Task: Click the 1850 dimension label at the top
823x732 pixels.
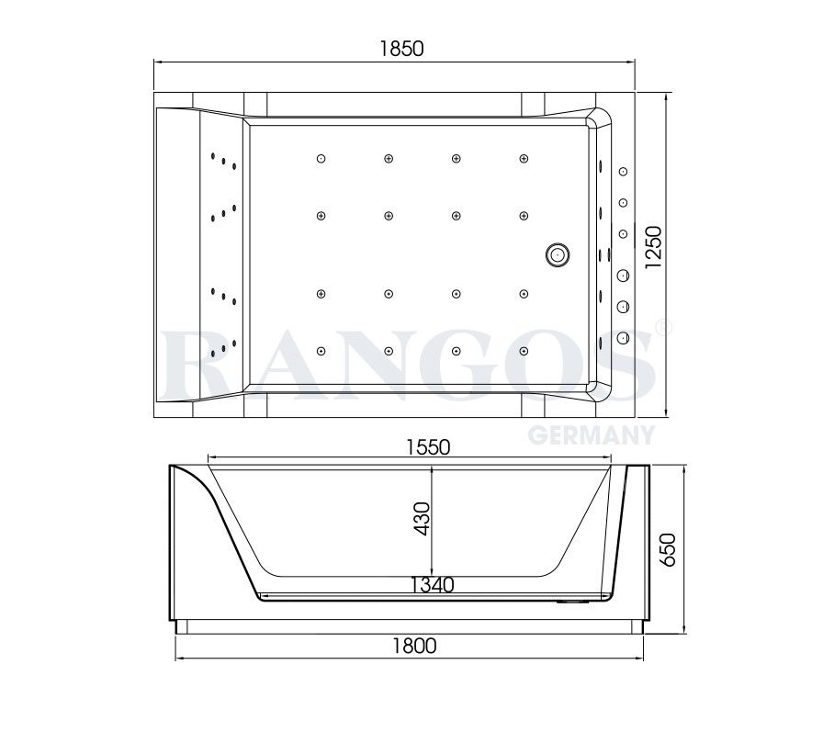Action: pyautogui.click(x=401, y=49)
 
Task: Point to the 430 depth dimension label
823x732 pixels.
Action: pyautogui.click(x=423, y=519)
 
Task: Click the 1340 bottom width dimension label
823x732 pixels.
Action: pyautogui.click(x=431, y=584)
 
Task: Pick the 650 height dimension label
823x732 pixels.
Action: pyautogui.click(x=669, y=550)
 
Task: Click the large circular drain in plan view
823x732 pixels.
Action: pyautogui.click(x=557, y=254)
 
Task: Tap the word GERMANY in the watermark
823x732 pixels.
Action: pyautogui.click(x=591, y=434)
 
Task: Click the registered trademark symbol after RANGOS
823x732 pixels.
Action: pyautogui.click(x=667, y=327)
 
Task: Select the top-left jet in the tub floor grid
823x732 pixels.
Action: pyautogui.click(x=321, y=159)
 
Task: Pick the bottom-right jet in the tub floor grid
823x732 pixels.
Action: pyautogui.click(x=524, y=350)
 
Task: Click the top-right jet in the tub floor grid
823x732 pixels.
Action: pyautogui.click(x=524, y=159)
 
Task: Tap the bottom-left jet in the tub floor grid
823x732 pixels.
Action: pyautogui.click(x=321, y=350)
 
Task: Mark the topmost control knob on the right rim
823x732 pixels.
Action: pyautogui.click(x=623, y=172)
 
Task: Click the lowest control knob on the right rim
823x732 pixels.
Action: pyautogui.click(x=623, y=337)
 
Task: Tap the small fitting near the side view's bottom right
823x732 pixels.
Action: pyautogui.click(x=577, y=600)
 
